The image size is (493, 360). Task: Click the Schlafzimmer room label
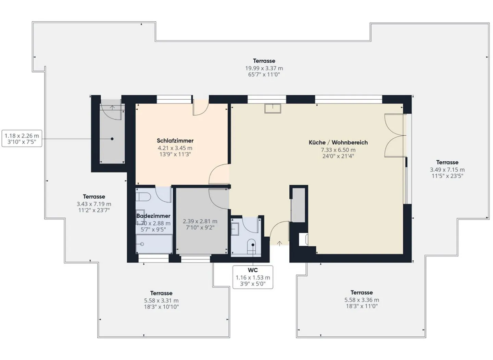pyautogui.click(x=175, y=140)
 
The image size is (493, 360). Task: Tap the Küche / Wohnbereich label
pyautogui.click(x=338, y=142)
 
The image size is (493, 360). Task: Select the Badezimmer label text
pyautogui.click(x=153, y=216)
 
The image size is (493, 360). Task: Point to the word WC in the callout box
pyautogui.click(x=253, y=270)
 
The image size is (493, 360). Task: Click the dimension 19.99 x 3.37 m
pyautogui.click(x=264, y=68)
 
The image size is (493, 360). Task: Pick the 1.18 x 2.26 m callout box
pyautogui.click(x=22, y=138)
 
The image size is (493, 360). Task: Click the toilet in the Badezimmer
pyautogui.click(x=143, y=197)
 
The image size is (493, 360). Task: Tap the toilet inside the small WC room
pyautogui.click(x=252, y=245)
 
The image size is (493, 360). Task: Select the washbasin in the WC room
pyautogui.click(x=235, y=228)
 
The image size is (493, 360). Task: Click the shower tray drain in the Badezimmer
pyautogui.click(x=142, y=244)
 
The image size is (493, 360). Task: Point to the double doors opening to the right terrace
pyautogui.click(x=394, y=136)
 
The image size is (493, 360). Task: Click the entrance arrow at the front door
pyautogui.click(x=279, y=244)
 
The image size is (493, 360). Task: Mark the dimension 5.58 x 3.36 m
pyautogui.click(x=362, y=300)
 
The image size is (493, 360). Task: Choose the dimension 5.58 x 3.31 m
pyautogui.click(x=161, y=300)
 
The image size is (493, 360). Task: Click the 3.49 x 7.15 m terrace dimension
pyautogui.click(x=447, y=170)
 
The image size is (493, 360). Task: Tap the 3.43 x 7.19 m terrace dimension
pyautogui.click(x=94, y=204)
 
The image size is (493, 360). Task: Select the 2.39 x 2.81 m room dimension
pyautogui.click(x=200, y=221)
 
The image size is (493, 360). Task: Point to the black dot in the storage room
pyautogui.click(x=112, y=139)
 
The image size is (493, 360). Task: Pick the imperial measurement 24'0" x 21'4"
pyautogui.click(x=338, y=156)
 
